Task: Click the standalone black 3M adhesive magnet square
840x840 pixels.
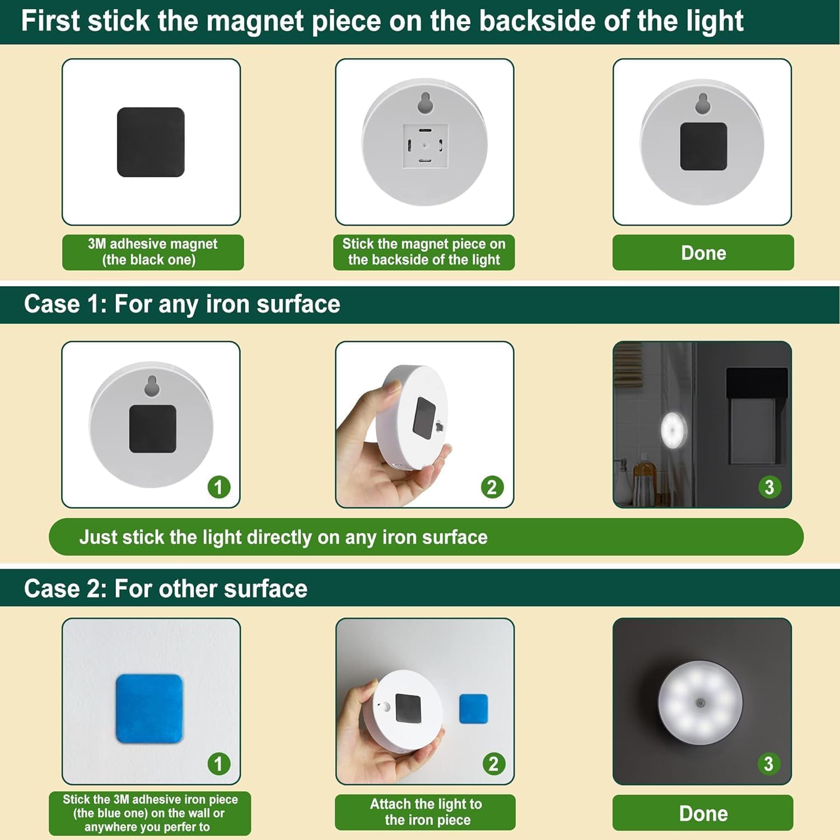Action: coord(151,142)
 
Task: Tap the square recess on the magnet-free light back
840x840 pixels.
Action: coord(425,146)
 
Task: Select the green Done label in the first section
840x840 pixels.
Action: coord(703,253)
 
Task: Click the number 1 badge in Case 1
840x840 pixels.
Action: coord(218,487)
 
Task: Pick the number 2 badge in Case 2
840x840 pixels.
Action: coord(493,764)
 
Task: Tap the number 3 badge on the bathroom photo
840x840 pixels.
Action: coord(769,487)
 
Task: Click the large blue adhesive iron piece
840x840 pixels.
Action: coord(150,708)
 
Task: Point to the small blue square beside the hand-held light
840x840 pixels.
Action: coord(473,708)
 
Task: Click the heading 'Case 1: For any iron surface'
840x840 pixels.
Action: coord(182,305)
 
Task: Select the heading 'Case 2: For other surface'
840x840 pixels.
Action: coord(166,589)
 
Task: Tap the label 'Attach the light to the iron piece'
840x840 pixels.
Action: coord(425,812)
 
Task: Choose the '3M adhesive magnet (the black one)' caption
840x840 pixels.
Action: coord(152,252)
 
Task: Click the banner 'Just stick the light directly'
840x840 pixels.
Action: coord(283,537)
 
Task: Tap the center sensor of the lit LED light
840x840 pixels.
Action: coord(700,702)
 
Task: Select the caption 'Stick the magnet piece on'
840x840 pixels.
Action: coord(424,244)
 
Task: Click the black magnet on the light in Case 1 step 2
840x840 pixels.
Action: coord(424,417)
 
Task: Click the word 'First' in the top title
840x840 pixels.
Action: coord(50,21)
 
